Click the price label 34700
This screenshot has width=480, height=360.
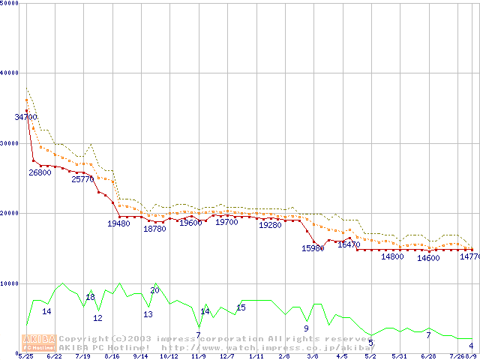point(25,117)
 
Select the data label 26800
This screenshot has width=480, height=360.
point(40,172)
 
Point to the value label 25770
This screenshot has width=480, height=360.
point(82,179)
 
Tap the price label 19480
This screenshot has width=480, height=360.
point(118,223)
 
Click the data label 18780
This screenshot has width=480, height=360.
point(154,229)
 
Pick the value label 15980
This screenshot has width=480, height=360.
point(313,248)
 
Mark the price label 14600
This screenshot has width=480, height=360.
point(428,258)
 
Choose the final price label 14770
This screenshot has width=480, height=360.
point(469,257)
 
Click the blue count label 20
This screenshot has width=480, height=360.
point(154,290)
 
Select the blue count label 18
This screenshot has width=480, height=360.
point(90,298)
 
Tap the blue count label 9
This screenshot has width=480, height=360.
point(306,328)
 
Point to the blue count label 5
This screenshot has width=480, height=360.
point(370,343)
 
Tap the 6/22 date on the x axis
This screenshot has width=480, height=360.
point(54,356)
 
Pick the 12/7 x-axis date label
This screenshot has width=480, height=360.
point(226,356)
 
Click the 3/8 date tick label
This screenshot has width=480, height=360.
point(312,356)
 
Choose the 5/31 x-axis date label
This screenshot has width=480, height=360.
point(399,356)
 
